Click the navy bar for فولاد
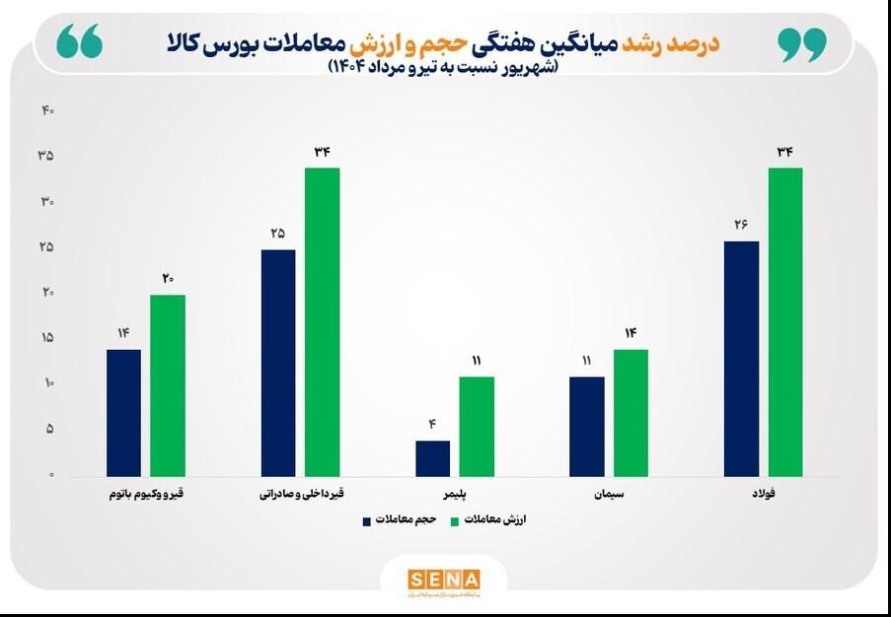741,359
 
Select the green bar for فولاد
785,322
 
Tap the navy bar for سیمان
587,427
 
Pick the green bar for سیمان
631,413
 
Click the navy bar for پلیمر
432,458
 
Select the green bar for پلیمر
477,427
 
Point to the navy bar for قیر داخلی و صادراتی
277,363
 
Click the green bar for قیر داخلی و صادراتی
322,322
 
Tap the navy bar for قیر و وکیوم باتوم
123,413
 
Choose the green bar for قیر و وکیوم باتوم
168,385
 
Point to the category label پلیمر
455,491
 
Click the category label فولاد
763,491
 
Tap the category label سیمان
609,491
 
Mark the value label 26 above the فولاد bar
741,225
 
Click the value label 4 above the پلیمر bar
432,425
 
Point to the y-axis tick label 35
46,157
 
